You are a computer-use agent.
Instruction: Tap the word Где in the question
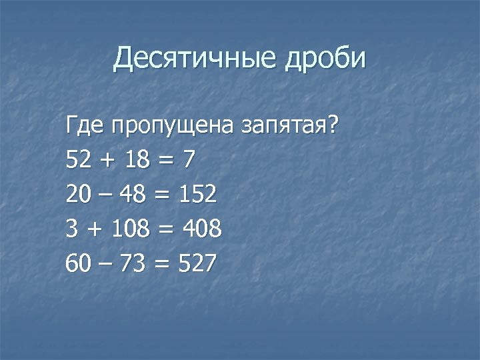click(85, 124)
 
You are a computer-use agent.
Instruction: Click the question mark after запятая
click(331, 123)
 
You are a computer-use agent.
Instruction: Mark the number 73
click(137, 264)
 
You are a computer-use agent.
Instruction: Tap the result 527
click(197, 264)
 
